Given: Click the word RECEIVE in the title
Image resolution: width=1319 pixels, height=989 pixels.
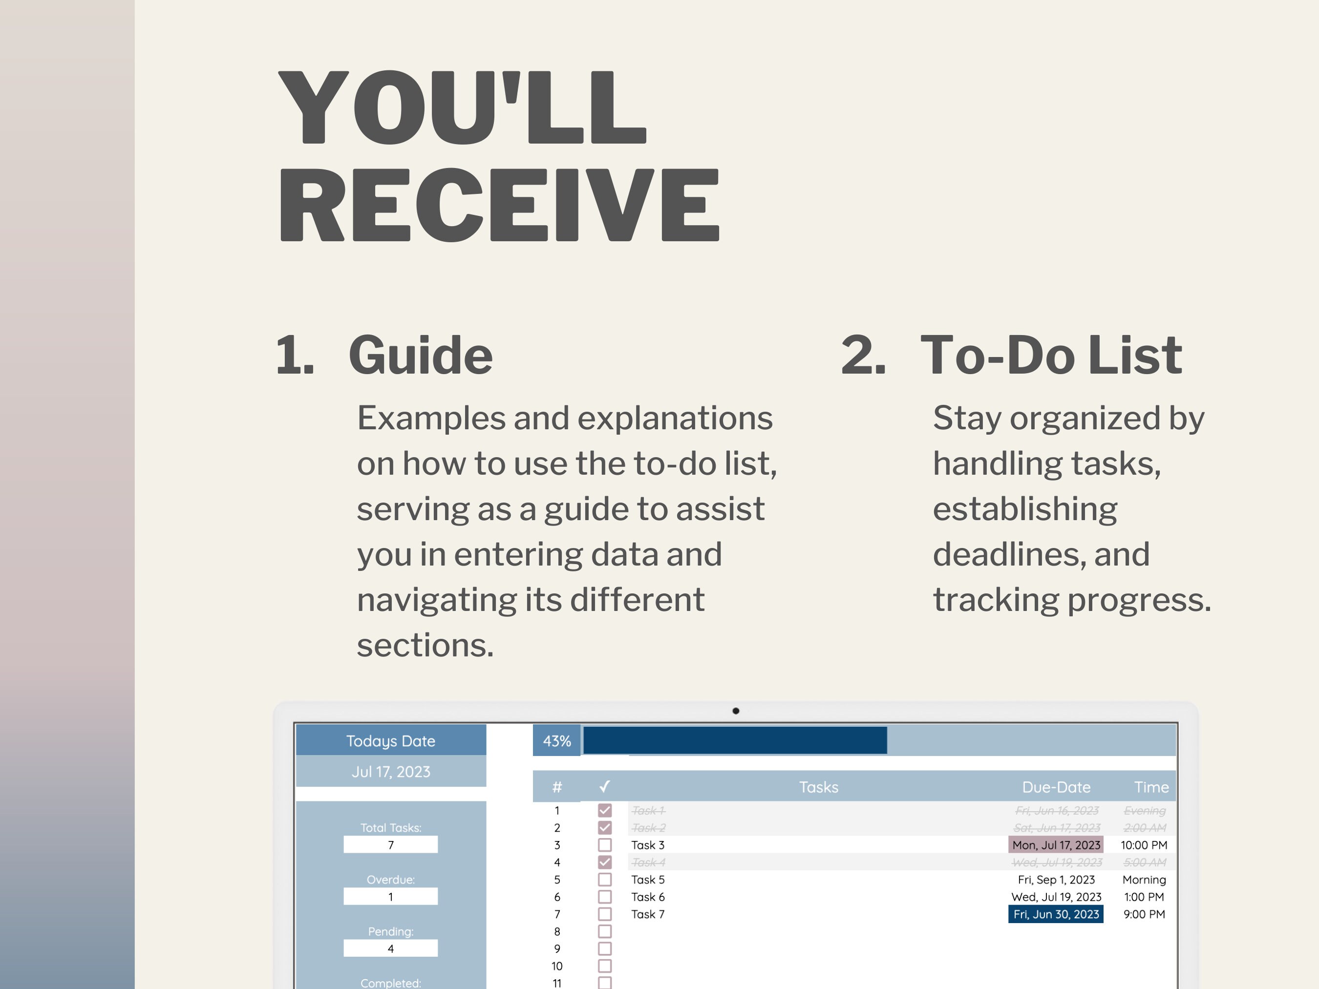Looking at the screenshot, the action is tap(499, 205).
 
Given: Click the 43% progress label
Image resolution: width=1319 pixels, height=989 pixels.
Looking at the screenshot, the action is tap(557, 741).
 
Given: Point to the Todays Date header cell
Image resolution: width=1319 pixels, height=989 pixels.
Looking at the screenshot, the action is tap(391, 740).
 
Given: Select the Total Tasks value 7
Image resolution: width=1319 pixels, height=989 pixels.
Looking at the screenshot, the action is tap(391, 845).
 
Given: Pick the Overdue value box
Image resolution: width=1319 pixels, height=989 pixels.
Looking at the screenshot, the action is tap(391, 897).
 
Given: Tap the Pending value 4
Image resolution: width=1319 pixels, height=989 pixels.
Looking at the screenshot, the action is tap(391, 948).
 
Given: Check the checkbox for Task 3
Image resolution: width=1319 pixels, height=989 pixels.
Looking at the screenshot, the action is tap(605, 845).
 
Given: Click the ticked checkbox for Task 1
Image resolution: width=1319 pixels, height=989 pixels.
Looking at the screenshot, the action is tap(605, 810).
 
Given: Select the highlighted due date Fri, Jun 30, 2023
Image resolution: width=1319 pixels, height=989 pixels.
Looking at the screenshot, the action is tap(1056, 914).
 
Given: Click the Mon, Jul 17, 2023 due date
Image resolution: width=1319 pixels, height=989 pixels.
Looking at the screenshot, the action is tap(1056, 845).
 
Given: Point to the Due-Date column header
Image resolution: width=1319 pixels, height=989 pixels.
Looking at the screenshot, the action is tap(1056, 787).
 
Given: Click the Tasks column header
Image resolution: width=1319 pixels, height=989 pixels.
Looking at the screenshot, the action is tap(819, 787).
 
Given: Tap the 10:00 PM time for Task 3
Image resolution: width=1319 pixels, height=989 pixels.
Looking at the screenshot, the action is tap(1144, 845).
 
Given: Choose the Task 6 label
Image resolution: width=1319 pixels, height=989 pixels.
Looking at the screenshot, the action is tap(648, 897).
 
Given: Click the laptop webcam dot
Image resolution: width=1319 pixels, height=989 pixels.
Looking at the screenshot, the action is tap(736, 711).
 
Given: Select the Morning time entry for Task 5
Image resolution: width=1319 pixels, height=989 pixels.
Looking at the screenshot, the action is tap(1144, 879).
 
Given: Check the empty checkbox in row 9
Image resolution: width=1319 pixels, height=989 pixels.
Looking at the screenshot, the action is tap(605, 948).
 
